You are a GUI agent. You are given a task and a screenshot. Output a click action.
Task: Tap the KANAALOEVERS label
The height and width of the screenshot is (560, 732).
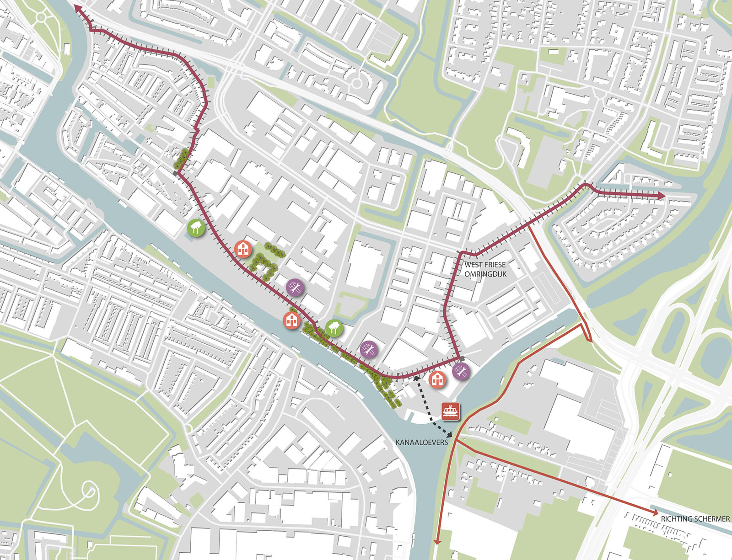[421, 443]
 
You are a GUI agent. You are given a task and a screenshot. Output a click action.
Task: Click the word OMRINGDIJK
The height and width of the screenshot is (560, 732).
[485, 274]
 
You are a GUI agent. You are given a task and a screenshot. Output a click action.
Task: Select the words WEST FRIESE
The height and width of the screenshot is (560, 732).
[485, 265]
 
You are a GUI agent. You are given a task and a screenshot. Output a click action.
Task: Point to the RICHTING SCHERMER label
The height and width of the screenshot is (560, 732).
[695, 519]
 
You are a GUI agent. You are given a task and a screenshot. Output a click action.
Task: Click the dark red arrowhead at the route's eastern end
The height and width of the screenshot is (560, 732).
[662, 196]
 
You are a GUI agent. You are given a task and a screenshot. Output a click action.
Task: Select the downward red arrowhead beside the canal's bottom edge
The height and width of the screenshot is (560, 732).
[437, 541]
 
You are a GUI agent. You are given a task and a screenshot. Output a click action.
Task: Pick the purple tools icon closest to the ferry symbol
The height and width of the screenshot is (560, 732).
[461, 371]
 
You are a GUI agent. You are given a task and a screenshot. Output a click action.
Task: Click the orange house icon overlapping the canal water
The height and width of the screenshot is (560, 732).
[291, 320]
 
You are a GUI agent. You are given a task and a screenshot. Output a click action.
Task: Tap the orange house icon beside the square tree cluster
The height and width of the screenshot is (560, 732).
[243, 249]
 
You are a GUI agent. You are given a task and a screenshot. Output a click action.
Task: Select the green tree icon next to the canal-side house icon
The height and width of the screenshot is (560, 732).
[334, 327]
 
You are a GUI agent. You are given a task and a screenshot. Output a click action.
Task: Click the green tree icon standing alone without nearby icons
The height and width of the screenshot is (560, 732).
[196, 227]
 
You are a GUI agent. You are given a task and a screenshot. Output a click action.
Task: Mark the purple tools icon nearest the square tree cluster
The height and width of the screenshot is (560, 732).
[295, 287]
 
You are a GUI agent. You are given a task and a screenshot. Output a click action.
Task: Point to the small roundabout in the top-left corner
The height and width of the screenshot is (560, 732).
[42, 17]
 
